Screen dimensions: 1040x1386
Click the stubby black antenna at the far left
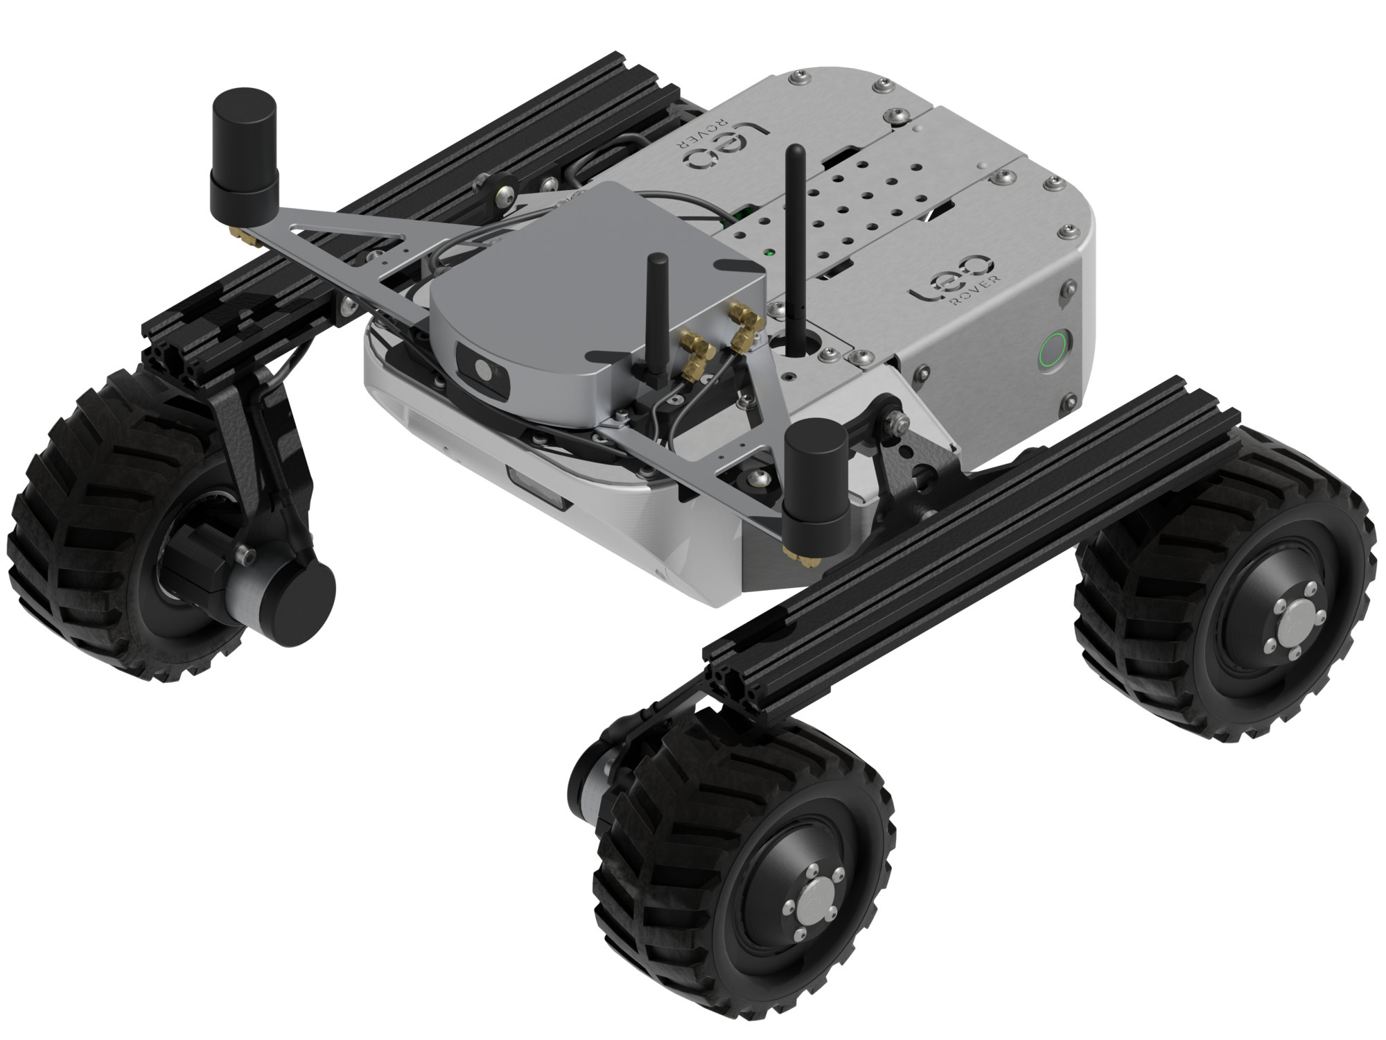[244, 146]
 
